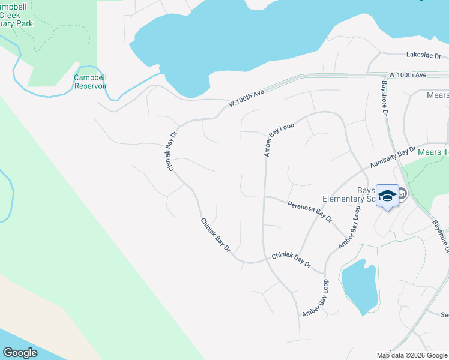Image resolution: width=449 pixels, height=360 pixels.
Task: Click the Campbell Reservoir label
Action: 90,82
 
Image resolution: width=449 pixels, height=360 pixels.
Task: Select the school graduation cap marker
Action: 387,196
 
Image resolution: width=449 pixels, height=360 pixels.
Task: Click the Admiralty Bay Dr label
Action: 393,156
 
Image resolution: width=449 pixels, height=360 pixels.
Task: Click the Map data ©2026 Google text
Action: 412,355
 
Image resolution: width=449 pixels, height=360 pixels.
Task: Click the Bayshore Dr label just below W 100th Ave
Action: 385,100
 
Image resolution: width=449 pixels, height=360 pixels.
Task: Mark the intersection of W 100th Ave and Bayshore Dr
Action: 383,76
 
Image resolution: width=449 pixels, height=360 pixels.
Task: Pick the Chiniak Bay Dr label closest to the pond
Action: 291,260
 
